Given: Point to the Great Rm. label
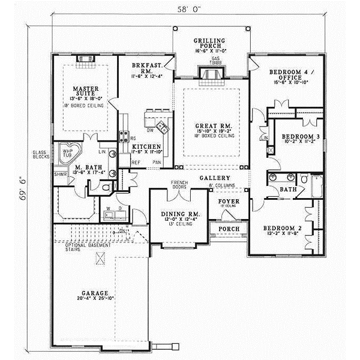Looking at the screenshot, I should click(x=209, y=127).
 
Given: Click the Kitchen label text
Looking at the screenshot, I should click(x=146, y=146).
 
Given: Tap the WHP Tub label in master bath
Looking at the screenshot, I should click(x=68, y=154).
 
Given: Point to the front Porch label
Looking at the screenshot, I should click(x=229, y=229).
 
